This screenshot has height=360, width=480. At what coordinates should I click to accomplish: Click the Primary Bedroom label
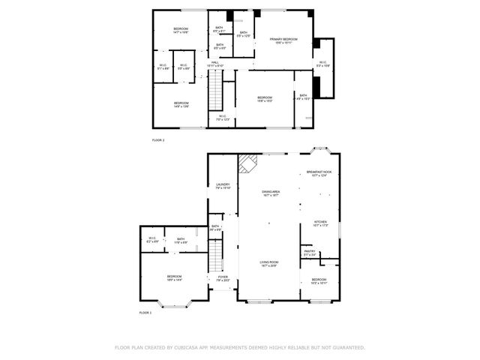[x=285, y=40]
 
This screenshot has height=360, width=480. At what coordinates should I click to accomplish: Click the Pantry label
[x=309, y=253]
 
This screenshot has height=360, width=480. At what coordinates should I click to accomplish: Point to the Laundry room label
[x=222, y=185]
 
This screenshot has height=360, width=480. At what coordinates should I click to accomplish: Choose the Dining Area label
[x=271, y=193]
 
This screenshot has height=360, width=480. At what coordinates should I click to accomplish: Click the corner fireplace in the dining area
[x=247, y=163]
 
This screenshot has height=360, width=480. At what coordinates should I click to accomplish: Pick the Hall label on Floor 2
[x=214, y=64]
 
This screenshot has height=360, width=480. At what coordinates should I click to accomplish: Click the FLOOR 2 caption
[x=157, y=140]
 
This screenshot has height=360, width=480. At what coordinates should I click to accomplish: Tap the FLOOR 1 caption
[x=145, y=312]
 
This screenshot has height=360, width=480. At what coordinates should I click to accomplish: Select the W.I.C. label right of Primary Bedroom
[x=322, y=64]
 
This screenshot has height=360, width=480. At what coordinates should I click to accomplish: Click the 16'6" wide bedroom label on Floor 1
[x=174, y=277]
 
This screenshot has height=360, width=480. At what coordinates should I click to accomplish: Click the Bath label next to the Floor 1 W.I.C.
[x=180, y=241]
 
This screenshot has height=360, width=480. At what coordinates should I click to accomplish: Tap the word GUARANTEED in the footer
[x=346, y=348]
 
